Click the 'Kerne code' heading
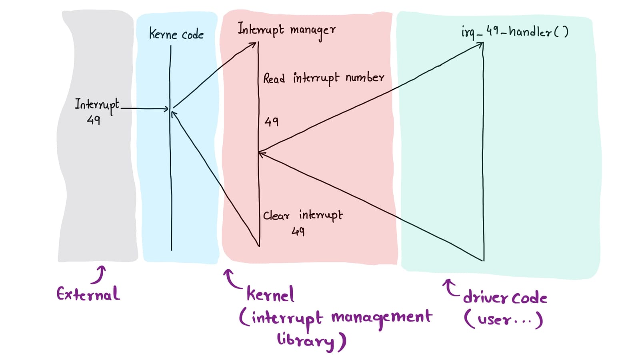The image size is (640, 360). (x=176, y=34)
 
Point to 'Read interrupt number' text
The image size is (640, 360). (x=323, y=78)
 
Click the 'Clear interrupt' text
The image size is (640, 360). (x=303, y=216)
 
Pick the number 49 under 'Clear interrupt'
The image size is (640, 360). (x=298, y=231)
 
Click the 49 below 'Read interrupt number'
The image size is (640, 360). (x=271, y=121)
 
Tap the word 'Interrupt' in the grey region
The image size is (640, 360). (x=97, y=105)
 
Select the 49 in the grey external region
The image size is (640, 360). (x=93, y=120)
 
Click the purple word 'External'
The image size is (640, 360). (x=88, y=294)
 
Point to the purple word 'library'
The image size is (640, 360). (x=306, y=340)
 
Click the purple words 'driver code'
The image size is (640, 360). (x=505, y=298)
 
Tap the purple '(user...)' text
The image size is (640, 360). (x=503, y=319)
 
